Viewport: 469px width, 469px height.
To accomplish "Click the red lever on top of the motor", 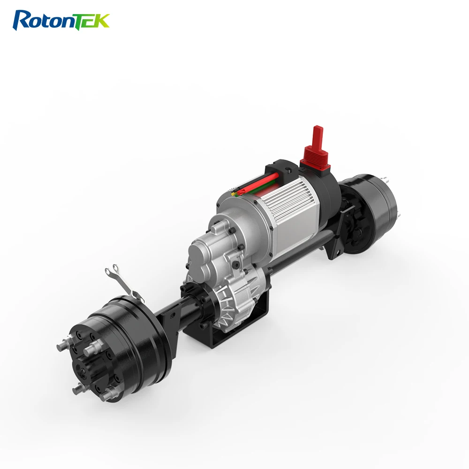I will click(318, 136).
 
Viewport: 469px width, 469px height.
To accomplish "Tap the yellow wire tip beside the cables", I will click(231, 192).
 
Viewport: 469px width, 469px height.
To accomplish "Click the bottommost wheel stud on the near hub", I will click(77, 389).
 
